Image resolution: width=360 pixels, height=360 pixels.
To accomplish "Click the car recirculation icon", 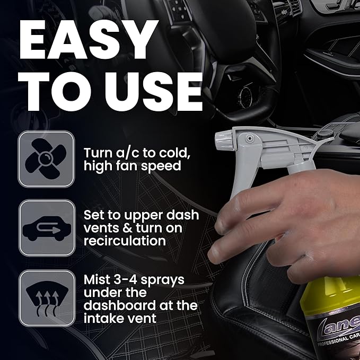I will click(x=46, y=228).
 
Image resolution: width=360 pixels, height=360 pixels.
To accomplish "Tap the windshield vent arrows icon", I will click(x=46, y=297).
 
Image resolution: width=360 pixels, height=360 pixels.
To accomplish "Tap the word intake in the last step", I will click(x=104, y=319).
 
